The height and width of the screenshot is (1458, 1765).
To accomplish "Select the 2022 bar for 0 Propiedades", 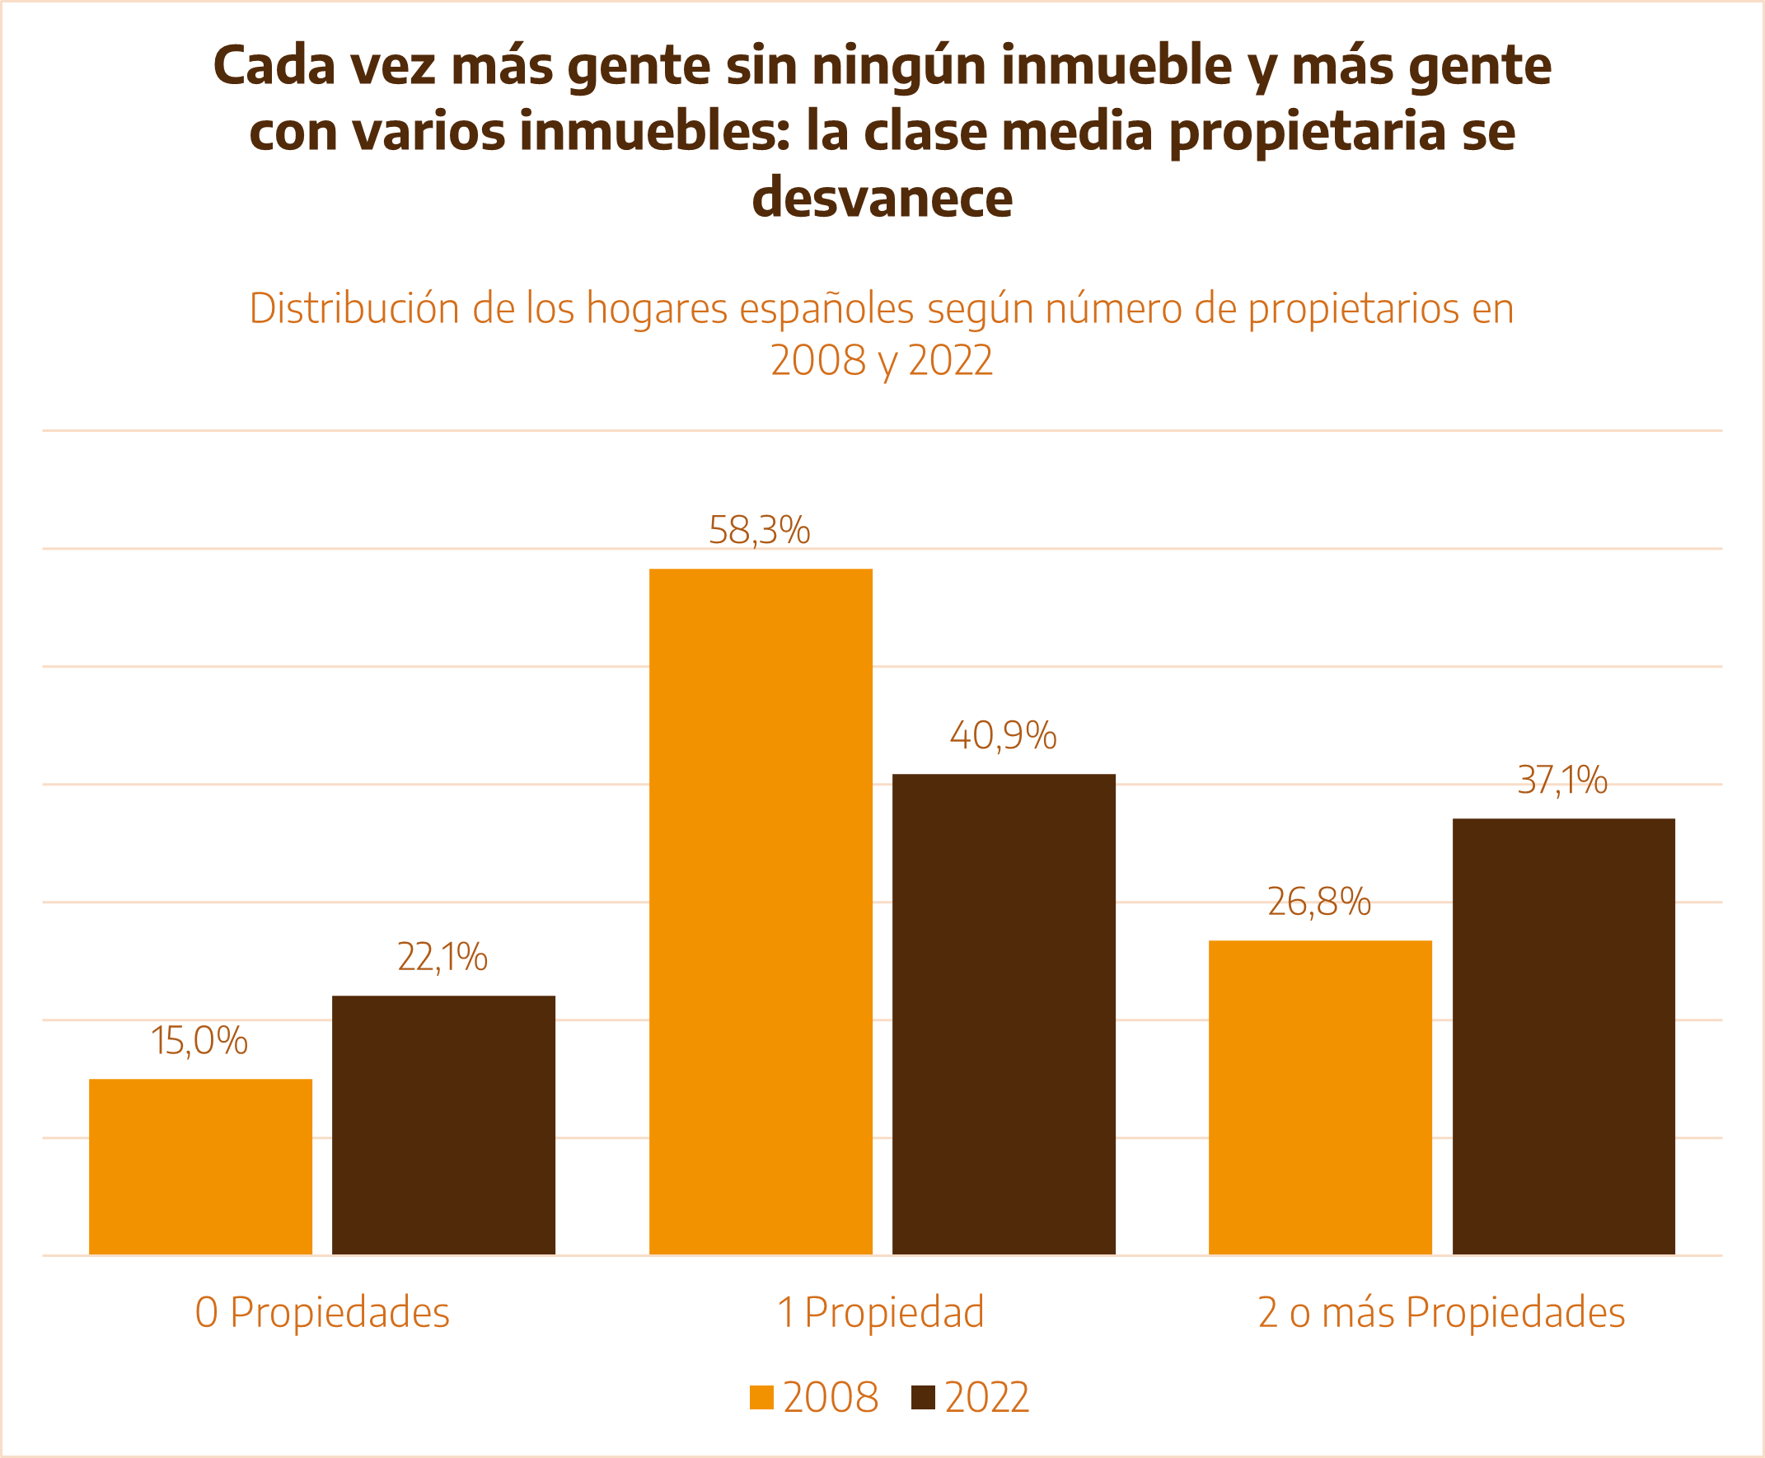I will [443, 1124].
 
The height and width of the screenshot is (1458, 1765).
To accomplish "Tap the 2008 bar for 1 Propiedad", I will [761, 912].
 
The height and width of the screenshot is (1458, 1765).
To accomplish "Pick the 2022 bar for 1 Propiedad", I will [1004, 1014].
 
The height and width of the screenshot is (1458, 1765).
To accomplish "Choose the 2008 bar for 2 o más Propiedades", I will [1320, 1097].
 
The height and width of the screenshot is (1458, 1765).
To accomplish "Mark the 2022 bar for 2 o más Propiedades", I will [1563, 1036].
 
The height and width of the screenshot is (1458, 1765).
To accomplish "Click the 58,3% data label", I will [759, 531].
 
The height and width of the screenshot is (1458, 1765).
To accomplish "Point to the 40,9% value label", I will [1003, 736].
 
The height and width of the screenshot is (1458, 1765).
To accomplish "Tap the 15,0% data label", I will [199, 1042].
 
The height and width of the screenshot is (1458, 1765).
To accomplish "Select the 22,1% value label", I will [442, 958].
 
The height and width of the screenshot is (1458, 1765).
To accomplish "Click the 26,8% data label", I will [1319, 902].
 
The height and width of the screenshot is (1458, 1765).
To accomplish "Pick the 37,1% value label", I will [1561, 781].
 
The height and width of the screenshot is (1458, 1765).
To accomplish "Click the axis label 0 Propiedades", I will [322, 1313].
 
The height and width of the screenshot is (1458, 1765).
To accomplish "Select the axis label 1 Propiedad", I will [881, 1313].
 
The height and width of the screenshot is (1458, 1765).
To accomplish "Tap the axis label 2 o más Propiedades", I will [1441, 1313].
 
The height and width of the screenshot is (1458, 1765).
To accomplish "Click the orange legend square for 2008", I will [761, 1398].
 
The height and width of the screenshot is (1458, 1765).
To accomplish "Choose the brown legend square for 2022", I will [923, 1398].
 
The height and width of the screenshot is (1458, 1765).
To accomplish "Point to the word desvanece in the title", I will [882, 197].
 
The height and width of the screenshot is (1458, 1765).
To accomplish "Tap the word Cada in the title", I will [274, 65].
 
